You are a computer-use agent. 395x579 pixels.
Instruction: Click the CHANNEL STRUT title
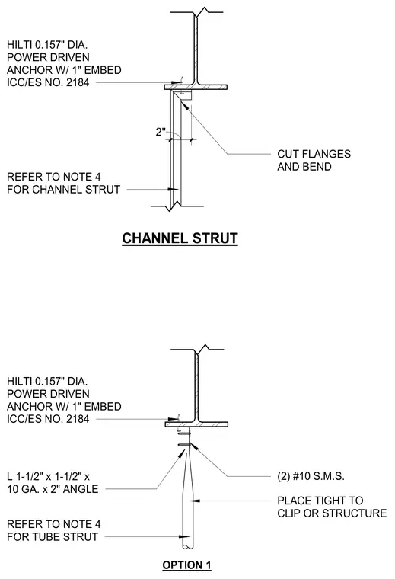tap(180, 238)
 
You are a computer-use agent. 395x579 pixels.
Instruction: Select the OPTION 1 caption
tap(186, 565)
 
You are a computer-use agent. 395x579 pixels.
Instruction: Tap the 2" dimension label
tap(161, 132)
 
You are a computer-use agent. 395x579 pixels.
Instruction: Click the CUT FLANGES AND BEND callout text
tap(314, 160)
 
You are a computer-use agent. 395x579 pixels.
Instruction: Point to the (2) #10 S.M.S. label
tap(311, 476)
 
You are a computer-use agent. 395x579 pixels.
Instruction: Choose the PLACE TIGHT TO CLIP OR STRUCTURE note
tap(332, 507)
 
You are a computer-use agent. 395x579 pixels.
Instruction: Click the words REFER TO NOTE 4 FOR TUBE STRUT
tap(54, 530)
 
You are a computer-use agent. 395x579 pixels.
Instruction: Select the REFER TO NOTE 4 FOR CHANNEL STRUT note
tap(63, 183)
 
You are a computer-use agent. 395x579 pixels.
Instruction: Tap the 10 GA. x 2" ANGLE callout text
tap(53, 489)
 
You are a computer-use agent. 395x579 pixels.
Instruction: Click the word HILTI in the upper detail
tap(20, 45)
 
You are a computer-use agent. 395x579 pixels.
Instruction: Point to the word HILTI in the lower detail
tap(20, 381)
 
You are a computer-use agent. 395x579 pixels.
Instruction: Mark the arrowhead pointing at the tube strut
tap(184, 536)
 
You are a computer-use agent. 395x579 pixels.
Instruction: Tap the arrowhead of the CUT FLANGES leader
tap(185, 104)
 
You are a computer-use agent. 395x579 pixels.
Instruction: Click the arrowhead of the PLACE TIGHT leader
tap(195, 501)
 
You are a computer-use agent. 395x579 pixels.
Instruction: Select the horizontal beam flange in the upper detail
tap(196, 88)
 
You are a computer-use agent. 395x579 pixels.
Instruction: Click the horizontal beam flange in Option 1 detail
tap(196, 424)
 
